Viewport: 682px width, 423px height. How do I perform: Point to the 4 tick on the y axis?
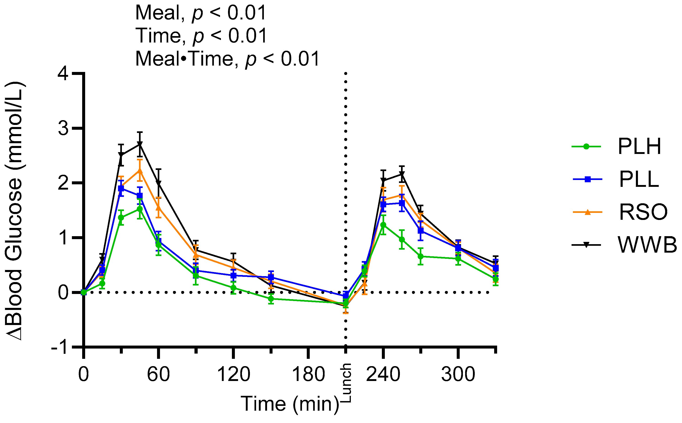coord(63,74)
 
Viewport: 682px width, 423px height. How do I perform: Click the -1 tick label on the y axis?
coord(59,347)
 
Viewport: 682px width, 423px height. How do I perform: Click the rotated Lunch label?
coord(346,383)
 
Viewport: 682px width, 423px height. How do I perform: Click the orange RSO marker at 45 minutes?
coord(140,171)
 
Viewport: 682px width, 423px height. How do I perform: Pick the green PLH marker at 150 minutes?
coord(271,299)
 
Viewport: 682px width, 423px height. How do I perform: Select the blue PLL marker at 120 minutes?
coord(233,275)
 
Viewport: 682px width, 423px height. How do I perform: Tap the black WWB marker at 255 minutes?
coord(402,174)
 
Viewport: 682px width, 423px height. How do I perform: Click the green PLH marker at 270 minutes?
coord(420,256)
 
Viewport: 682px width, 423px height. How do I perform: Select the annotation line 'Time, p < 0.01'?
coord(201,36)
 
